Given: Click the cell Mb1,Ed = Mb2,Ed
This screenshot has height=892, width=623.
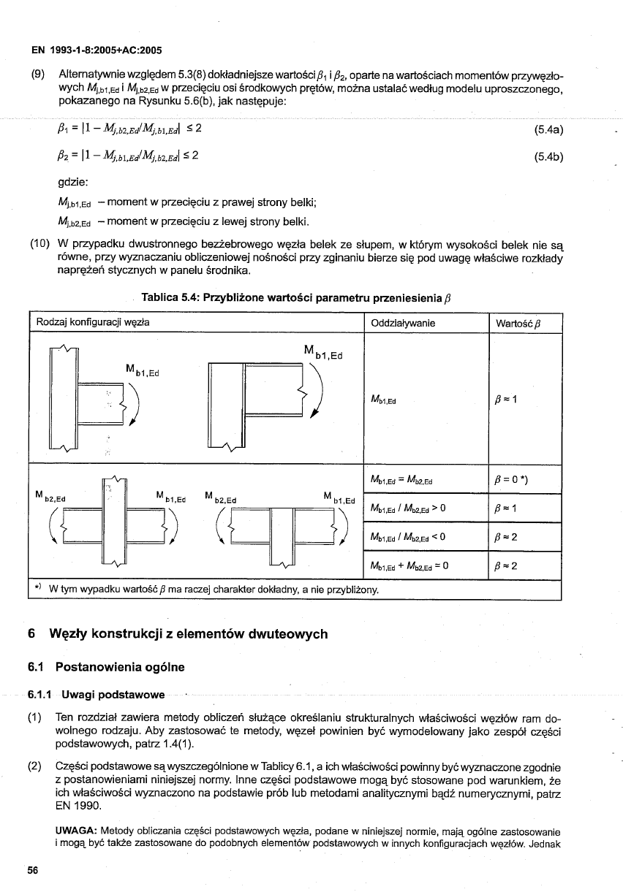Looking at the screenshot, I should point(402,480).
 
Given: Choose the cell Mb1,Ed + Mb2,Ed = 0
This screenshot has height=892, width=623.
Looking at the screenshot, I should point(409,565).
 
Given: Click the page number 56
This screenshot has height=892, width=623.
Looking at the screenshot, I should point(33,871).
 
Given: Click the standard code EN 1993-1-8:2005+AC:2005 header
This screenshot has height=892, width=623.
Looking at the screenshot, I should point(96,50).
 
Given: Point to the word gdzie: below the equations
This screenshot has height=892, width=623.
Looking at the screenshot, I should point(75,183).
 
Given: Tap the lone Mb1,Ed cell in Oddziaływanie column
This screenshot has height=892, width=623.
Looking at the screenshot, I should point(386,400).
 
